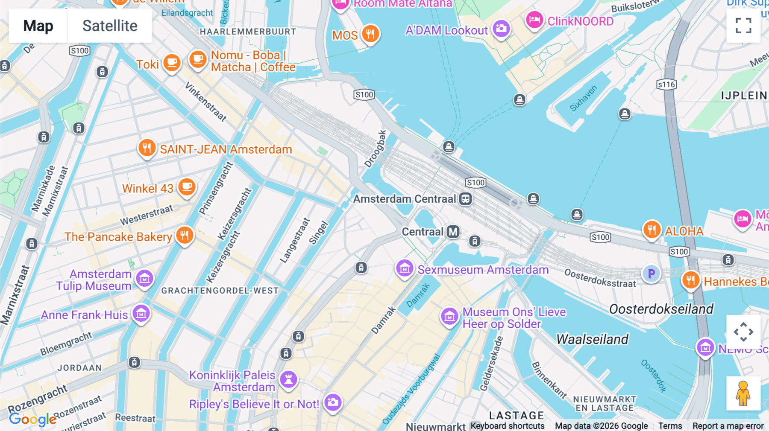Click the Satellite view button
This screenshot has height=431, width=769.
coord(110,26)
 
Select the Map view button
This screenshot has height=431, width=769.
coord(38,26)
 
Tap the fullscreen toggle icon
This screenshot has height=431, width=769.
coord(743,26)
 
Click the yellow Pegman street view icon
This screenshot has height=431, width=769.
coord(743,393)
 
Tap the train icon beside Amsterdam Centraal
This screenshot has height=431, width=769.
coord(465,199)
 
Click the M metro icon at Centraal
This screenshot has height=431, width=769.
coord(453,232)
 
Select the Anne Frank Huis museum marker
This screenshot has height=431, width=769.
coord(141,314)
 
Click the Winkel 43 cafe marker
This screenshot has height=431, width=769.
coord(187,187)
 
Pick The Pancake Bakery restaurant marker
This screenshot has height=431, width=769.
coord(185,235)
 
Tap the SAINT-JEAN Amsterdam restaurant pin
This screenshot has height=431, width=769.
coord(147,148)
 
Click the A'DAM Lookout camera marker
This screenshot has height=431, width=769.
coord(501,29)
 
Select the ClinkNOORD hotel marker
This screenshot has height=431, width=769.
coord(534,20)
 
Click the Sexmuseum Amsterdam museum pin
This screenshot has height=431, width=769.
coord(404,268)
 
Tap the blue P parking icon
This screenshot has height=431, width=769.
coord(651,274)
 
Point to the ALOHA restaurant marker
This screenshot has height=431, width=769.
coord(652,230)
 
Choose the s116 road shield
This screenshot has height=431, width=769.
coord(666,84)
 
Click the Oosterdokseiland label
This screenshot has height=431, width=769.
coord(661,309)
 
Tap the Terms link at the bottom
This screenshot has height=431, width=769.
coord(670,425)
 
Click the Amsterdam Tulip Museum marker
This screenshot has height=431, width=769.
coord(144,279)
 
